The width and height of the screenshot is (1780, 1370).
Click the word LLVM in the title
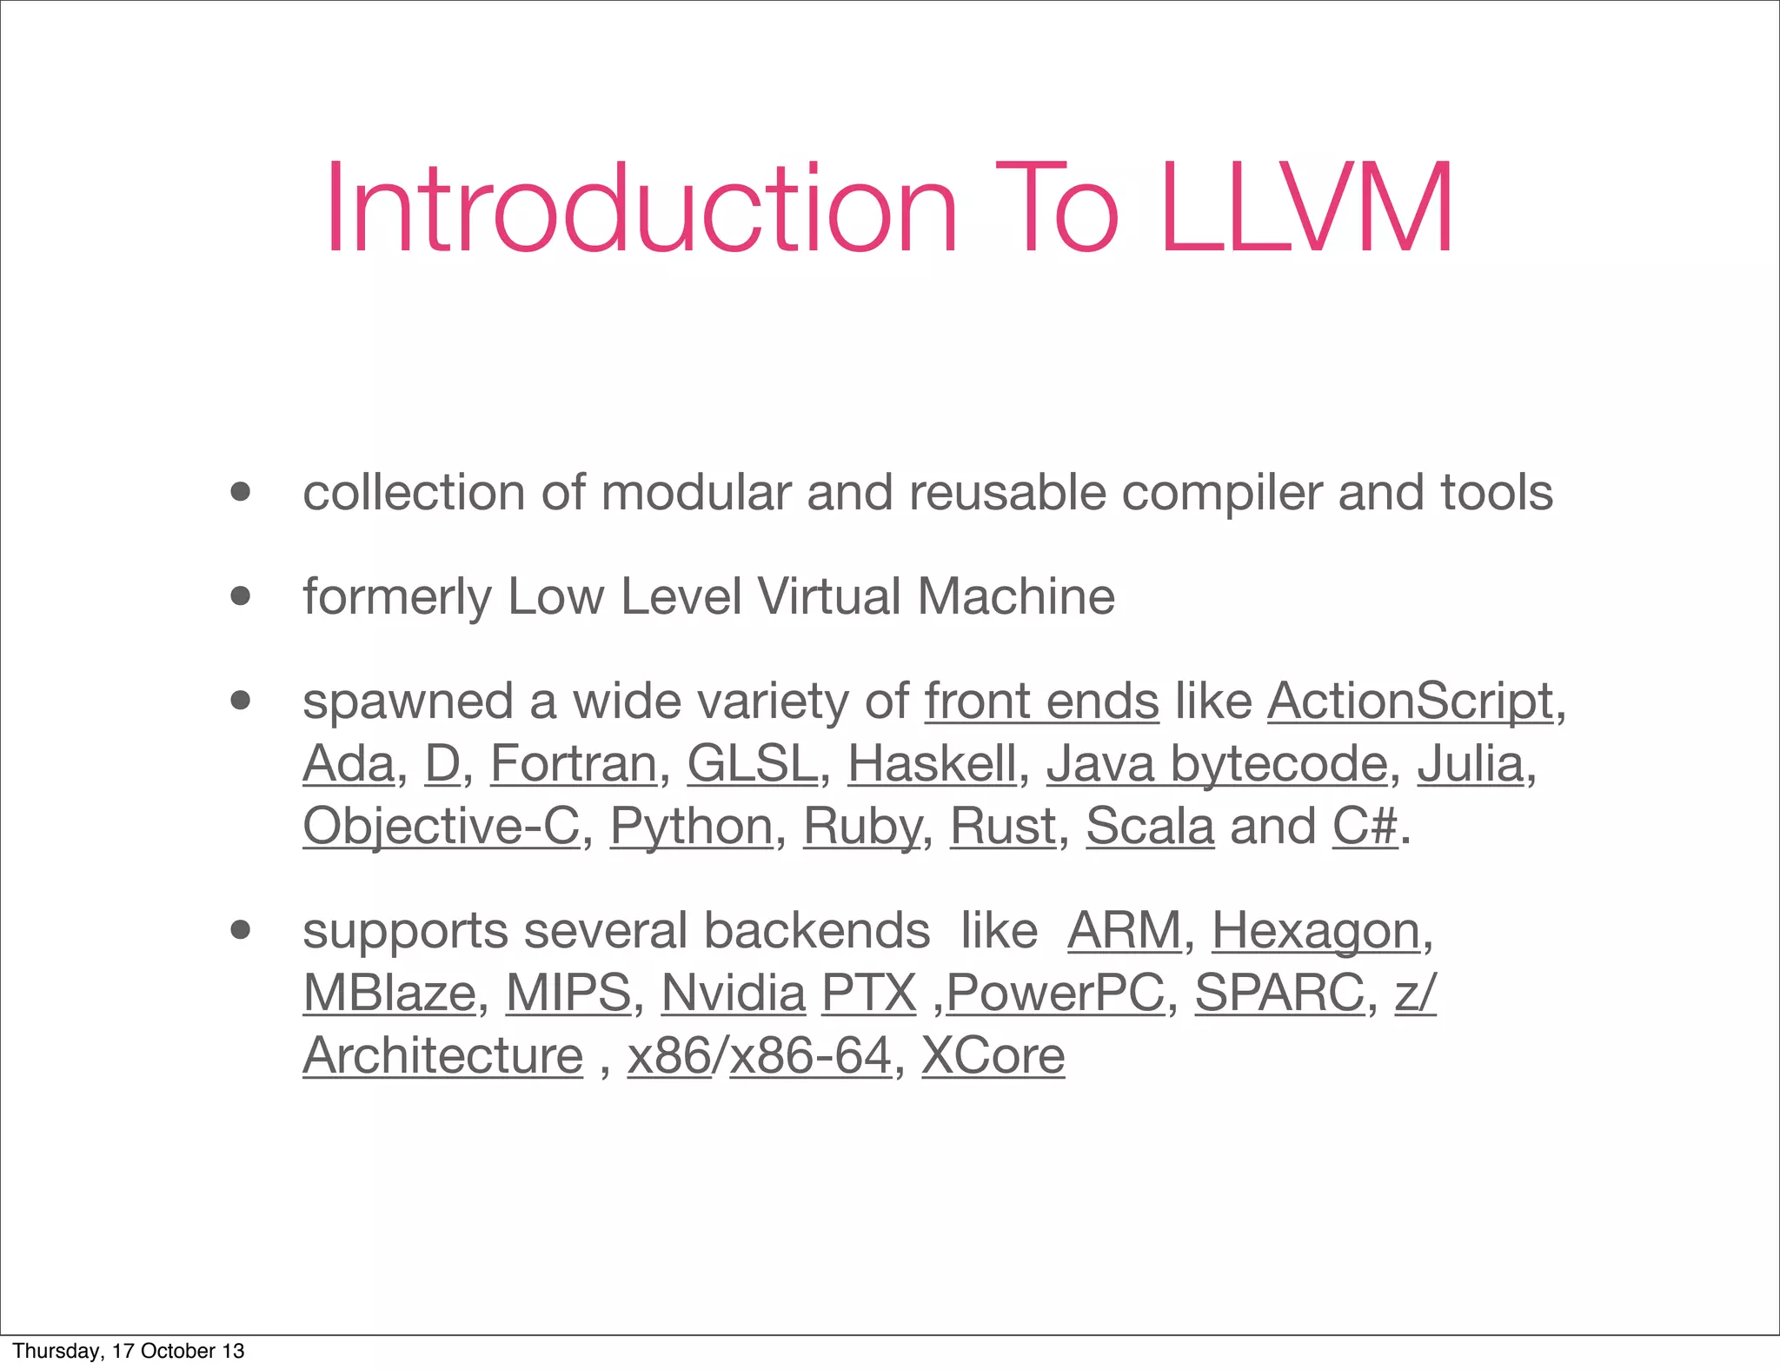(x=1306, y=209)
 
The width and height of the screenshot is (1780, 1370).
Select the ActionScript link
(x=1410, y=702)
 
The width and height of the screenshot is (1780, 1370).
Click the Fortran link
(x=574, y=764)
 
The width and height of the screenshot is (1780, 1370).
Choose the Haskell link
(x=932, y=764)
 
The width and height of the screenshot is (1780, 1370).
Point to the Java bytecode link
(x=1217, y=764)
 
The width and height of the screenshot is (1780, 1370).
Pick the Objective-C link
(x=441, y=827)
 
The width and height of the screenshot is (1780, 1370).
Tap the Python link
(x=691, y=827)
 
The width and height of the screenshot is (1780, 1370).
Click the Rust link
(x=1003, y=827)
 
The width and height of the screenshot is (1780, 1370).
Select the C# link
(x=1365, y=827)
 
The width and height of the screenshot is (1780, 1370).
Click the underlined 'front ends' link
(x=1041, y=702)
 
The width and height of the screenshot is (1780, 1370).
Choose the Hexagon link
(x=1316, y=931)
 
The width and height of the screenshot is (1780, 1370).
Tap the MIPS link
(x=568, y=994)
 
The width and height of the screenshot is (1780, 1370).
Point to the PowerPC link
(x=1055, y=994)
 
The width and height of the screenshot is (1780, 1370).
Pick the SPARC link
(x=1279, y=994)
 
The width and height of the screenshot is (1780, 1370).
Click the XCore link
(x=993, y=1056)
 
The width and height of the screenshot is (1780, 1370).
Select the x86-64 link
(x=811, y=1056)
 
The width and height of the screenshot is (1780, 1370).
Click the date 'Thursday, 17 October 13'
(x=129, y=1351)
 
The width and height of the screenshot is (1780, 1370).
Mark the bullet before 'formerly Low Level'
(x=241, y=597)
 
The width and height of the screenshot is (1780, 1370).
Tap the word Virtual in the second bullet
(x=829, y=597)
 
